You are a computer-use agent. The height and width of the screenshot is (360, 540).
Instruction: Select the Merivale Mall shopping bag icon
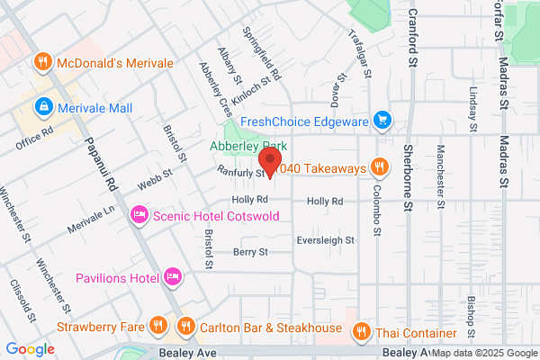[x=42, y=108]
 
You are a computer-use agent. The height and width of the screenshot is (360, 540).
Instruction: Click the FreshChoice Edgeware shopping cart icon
[x=382, y=119]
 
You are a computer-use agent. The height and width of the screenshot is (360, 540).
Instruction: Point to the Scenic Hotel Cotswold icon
[x=139, y=215]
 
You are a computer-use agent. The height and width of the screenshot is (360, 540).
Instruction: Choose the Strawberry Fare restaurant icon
[x=157, y=324]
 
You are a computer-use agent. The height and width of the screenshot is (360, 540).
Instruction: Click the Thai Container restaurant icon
[x=361, y=332]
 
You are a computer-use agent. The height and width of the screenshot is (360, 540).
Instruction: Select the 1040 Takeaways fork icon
[x=381, y=167]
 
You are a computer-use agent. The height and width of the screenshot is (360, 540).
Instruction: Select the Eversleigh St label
[x=326, y=240]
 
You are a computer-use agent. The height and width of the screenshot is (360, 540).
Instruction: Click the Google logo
[x=30, y=348]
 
